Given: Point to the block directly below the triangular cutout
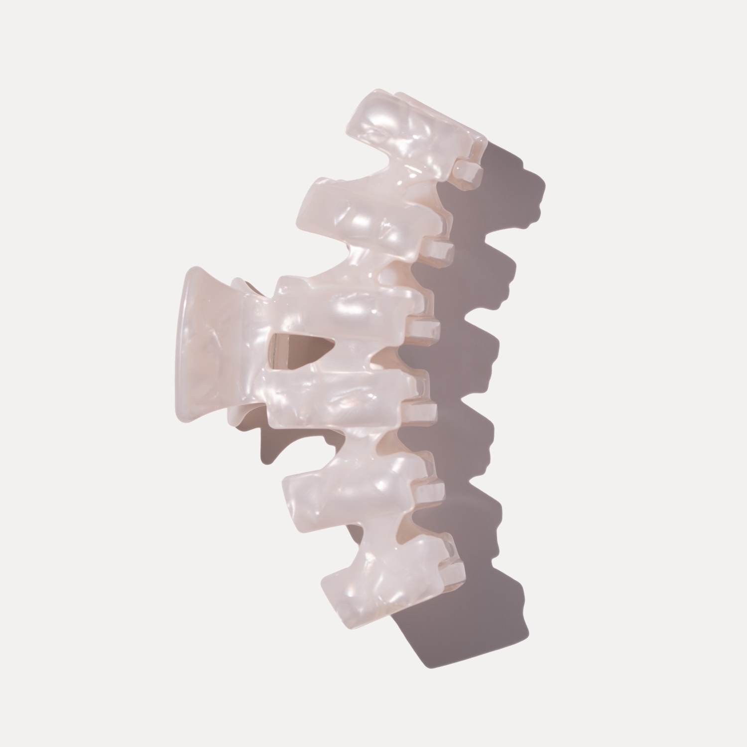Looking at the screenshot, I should pos(339,393).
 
